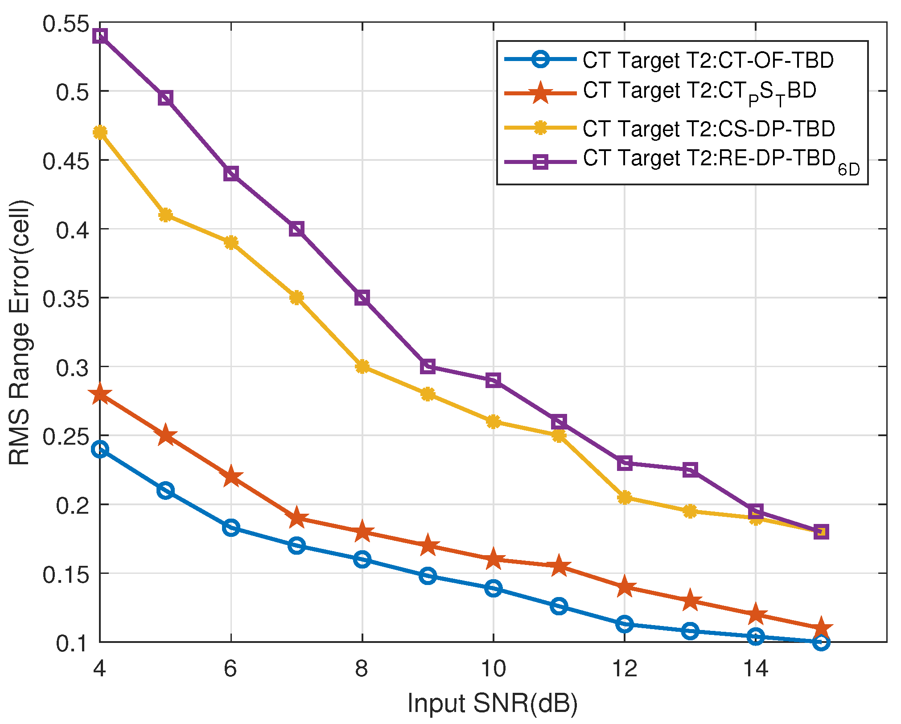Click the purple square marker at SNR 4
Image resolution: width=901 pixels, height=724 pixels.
point(100,36)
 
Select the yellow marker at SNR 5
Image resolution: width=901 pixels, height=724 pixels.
point(165,215)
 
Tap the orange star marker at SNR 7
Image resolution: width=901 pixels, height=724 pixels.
point(296,518)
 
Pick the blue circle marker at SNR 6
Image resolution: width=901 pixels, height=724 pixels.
point(231,528)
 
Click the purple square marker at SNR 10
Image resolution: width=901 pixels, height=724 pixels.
point(493,380)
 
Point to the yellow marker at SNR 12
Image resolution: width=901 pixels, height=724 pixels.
point(625,497)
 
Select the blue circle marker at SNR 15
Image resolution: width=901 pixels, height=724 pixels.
point(821,642)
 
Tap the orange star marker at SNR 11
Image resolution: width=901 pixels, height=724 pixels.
point(559,566)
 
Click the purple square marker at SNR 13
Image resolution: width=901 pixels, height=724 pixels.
point(690,470)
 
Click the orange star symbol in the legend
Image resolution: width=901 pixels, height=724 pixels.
point(540,93)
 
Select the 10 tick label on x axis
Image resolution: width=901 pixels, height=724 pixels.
point(493,668)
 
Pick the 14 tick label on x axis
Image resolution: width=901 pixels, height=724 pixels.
point(756,668)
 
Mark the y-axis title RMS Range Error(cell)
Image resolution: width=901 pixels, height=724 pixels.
point(20,332)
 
